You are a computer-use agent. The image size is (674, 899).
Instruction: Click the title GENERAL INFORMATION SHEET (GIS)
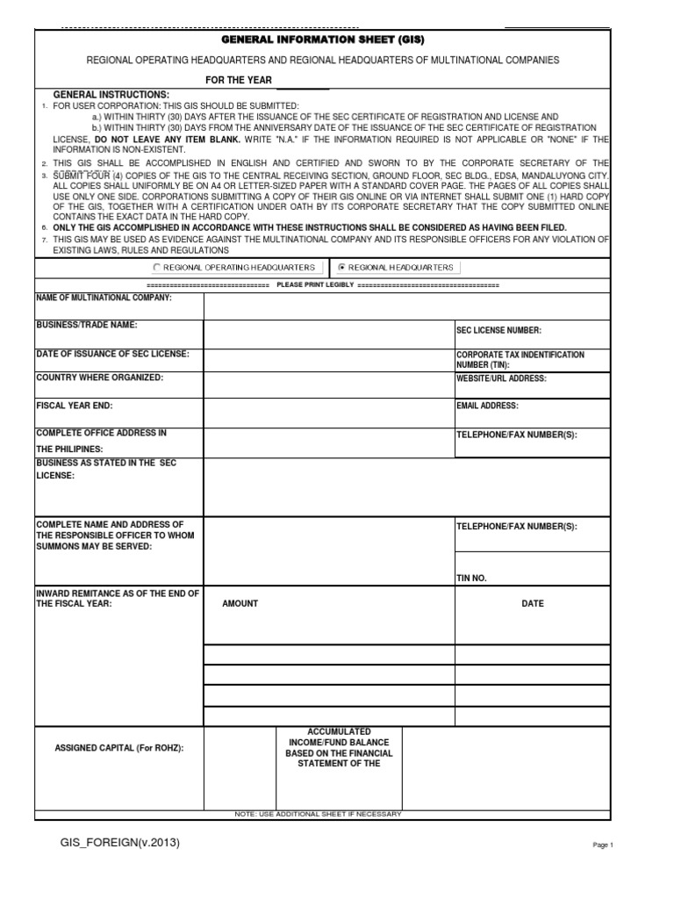[x=322, y=40]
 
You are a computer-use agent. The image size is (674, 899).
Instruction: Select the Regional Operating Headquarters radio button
[x=157, y=267]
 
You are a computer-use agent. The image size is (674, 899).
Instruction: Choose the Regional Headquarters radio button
[x=342, y=267]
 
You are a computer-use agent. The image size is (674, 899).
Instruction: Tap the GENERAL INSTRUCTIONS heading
[x=111, y=94]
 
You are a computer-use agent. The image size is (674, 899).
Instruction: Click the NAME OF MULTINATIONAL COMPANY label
[x=104, y=298]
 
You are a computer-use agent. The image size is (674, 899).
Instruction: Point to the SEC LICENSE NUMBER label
[x=498, y=330]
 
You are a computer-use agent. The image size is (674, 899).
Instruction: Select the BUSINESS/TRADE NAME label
[x=86, y=325]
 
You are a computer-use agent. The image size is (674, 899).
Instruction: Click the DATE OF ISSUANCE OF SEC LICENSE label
[x=112, y=353]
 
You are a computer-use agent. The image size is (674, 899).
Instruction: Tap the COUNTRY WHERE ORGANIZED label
[x=99, y=378]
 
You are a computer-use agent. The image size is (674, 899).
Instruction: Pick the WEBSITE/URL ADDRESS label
[x=501, y=378]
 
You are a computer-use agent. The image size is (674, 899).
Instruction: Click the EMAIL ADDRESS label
[x=487, y=406]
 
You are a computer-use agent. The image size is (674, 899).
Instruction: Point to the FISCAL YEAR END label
[x=74, y=406]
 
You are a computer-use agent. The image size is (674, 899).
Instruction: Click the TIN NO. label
[x=471, y=579]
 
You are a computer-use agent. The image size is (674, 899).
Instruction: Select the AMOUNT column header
[x=240, y=604]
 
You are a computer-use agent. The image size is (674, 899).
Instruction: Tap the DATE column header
[x=532, y=604]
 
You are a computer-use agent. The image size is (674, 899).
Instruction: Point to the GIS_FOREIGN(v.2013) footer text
[x=120, y=843]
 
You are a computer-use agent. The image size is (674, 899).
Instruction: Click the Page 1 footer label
[x=603, y=845]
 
